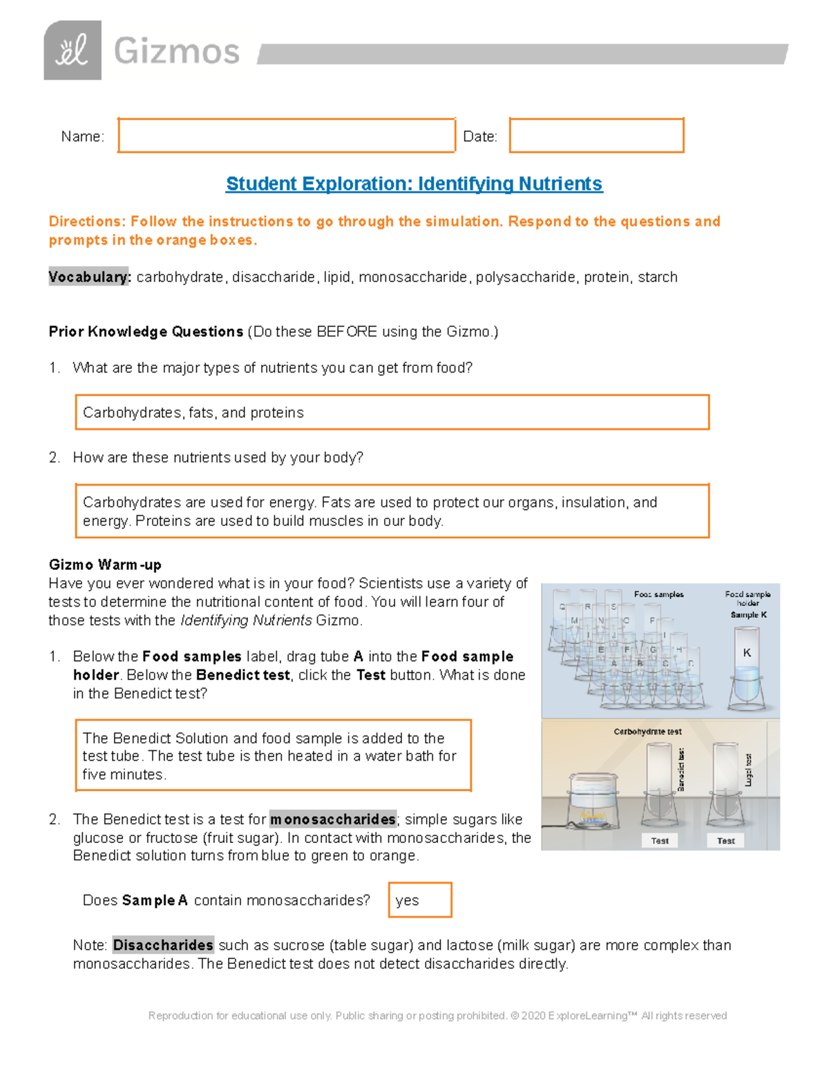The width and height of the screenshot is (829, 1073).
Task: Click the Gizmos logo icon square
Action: pyautogui.click(x=73, y=50)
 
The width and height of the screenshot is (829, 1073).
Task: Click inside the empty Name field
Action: pyautogui.click(x=286, y=135)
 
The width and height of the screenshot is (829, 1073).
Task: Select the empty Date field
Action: pyautogui.click(x=596, y=135)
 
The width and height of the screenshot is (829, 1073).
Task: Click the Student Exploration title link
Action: pyautogui.click(x=414, y=184)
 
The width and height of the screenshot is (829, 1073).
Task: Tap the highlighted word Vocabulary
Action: pyautogui.click(x=88, y=277)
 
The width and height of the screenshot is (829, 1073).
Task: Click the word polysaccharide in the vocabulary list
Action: pyautogui.click(x=525, y=277)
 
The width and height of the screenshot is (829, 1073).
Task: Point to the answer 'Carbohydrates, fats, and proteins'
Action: pyautogui.click(x=193, y=412)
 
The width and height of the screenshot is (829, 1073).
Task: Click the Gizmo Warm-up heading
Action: pyautogui.click(x=105, y=564)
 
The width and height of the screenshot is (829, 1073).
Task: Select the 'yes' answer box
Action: pyautogui.click(x=420, y=900)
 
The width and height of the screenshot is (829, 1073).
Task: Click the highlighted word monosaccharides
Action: pyautogui.click(x=333, y=819)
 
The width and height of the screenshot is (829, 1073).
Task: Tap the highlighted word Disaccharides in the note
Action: pyautogui.click(x=163, y=945)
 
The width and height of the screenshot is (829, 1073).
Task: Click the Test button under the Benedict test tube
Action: pyautogui.click(x=660, y=841)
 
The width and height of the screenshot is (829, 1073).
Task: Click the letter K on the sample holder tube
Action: pyautogui.click(x=747, y=652)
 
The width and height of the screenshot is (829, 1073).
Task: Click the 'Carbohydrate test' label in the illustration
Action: pyautogui.click(x=647, y=732)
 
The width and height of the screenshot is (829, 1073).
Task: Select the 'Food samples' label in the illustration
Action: pyautogui.click(x=658, y=594)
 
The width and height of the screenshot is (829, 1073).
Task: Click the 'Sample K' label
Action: pyautogui.click(x=748, y=615)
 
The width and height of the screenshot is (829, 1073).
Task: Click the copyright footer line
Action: pyautogui.click(x=437, y=1016)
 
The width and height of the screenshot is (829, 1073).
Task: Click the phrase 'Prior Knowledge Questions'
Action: pyautogui.click(x=146, y=332)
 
